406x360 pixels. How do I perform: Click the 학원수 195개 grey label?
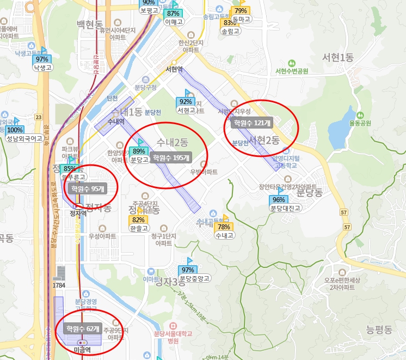coord(171,158)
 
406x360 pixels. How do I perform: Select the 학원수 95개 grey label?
coord(87,188)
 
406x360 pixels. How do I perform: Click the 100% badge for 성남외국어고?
coord(15,130)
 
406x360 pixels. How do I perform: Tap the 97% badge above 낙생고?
coord(42,59)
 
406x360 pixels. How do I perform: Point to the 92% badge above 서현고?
coord(186,101)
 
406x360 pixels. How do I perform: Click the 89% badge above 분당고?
coord(139,151)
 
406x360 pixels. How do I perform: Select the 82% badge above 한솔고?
coord(138,219)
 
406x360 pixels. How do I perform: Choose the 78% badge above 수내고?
coord(223,227)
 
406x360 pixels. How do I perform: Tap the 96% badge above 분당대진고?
coord(278,199)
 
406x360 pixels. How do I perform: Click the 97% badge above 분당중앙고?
coord(188,270)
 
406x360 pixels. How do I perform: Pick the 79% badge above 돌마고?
coord(241,10)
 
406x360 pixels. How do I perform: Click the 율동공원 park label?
coord(360,123)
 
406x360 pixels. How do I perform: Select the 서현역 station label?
coord(174,69)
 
